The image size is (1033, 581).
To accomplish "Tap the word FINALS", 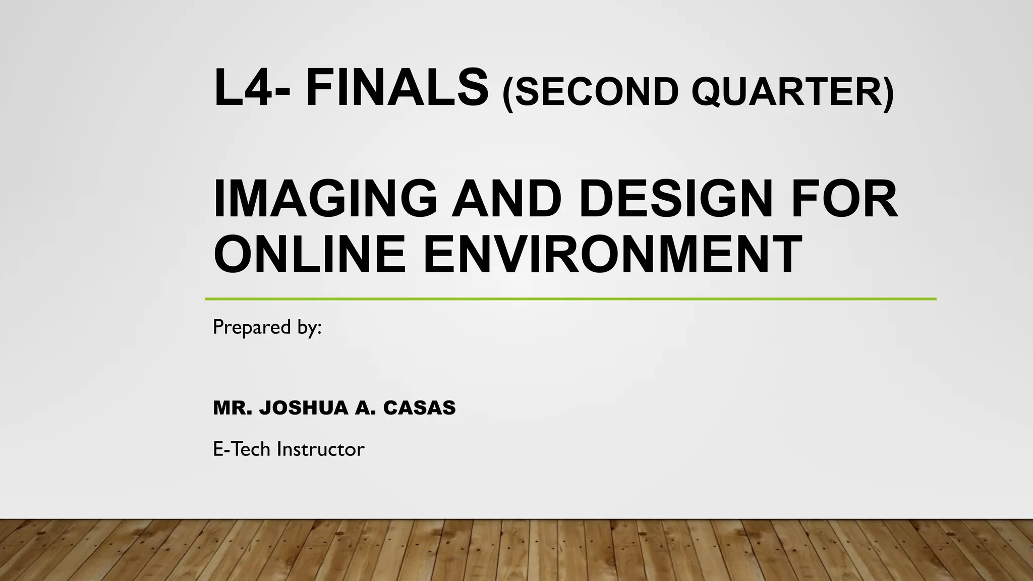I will pyautogui.click(x=397, y=88).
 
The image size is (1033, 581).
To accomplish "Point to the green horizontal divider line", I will pyautogui.click(x=570, y=299).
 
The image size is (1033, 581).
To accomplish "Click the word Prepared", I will pyautogui.click(x=252, y=327).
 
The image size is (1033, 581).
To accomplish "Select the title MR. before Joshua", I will pyautogui.click(x=232, y=408).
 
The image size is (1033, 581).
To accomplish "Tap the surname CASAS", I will pyautogui.click(x=419, y=408).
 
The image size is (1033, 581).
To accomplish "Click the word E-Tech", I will pyautogui.click(x=242, y=449).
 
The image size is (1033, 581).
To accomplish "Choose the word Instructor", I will pyautogui.click(x=320, y=449).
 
